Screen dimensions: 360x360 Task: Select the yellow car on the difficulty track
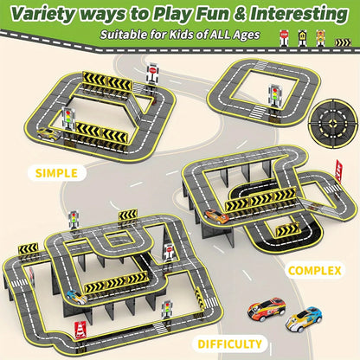(x=76, y=297)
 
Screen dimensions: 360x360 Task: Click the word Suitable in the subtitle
(x=123, y=35)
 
